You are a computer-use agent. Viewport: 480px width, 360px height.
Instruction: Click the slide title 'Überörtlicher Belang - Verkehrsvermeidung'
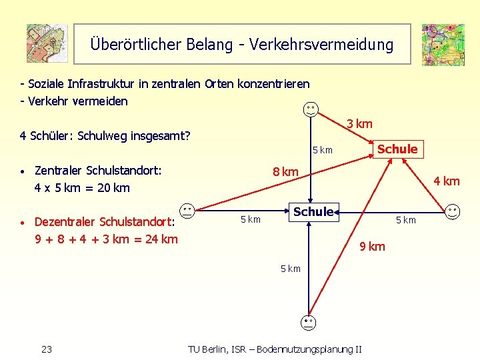[242, 45]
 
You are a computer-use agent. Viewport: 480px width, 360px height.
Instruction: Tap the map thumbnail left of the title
[47, 43]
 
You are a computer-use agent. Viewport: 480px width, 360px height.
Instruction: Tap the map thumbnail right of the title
[443, 45]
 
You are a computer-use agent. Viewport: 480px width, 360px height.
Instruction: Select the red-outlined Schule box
[397, 149]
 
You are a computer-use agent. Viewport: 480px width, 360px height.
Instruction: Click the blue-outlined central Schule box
[313, 212]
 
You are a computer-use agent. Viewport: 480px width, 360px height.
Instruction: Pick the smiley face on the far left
[187, 211]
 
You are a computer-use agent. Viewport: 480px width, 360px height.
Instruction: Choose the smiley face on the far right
[453, 211]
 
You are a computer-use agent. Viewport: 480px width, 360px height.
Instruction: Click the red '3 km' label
[359, 124]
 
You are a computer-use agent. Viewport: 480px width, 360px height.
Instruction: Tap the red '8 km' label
[285, 172]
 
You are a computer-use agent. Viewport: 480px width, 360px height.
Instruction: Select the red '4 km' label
[446, 181]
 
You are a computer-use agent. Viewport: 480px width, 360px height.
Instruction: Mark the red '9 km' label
[372, 247]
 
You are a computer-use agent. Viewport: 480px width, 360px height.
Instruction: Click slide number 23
[47, 349]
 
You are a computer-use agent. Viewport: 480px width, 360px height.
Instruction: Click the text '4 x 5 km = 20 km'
[82, 188]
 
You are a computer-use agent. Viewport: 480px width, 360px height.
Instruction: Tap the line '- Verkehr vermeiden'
[74, 101]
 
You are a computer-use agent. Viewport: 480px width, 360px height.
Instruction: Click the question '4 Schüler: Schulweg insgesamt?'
[105, 136]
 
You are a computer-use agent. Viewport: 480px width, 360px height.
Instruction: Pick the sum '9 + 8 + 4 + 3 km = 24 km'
[106, 238]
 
